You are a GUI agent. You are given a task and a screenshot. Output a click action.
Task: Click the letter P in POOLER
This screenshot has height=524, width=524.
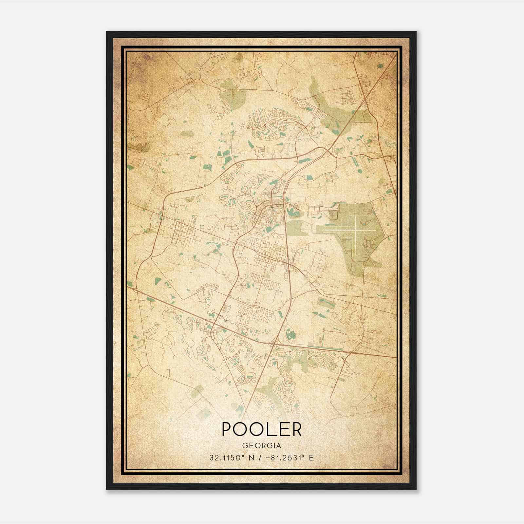coord(228,429)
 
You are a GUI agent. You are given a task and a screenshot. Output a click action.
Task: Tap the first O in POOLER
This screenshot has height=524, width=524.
coord(244,429)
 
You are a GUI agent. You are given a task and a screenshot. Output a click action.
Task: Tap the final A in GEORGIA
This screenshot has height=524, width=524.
coord(279,446)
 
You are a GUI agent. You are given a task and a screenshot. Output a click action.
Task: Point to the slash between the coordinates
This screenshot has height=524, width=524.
coord(260,458)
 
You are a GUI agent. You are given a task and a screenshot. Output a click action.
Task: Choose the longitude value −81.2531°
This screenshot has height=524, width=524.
coord(285,458)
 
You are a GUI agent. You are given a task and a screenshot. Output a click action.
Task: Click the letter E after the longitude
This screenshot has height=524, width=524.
coord(311,458)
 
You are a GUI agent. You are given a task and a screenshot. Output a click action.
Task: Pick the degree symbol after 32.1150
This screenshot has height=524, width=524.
coord(244,456)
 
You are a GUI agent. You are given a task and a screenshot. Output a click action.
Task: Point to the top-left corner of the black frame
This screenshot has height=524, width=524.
coord(107,32)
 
